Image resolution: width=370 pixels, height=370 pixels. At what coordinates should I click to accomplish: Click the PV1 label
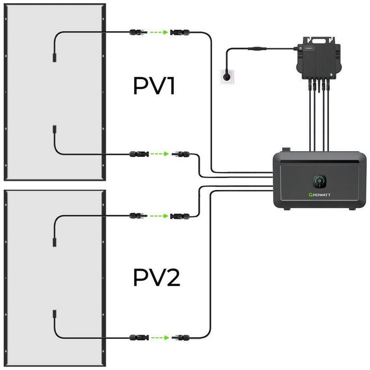tap(153, 86)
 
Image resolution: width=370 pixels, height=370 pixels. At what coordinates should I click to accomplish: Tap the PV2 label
tap(156, 276)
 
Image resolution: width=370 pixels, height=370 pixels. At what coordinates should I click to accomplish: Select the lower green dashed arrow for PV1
tap(158, 155)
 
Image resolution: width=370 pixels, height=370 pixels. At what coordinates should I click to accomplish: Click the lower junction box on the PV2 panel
tap(54, 320)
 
